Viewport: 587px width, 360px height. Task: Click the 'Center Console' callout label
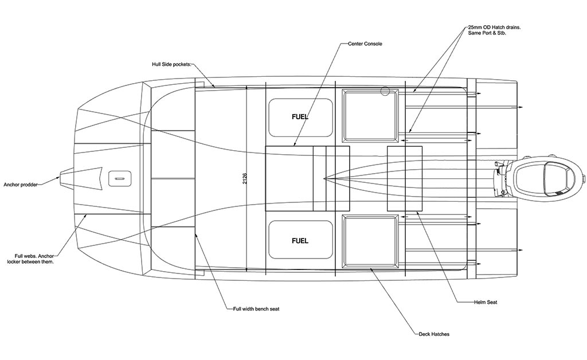coord(365,44)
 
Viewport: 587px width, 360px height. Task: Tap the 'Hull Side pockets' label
coord(171,64)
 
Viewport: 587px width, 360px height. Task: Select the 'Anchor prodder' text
coord(21,185)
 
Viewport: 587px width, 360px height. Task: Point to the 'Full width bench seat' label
coord(256,309)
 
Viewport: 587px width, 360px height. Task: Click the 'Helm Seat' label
coord(486,302)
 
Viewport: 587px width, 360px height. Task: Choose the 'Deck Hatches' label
coord(434,334)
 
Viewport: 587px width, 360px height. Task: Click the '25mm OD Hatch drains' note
coord(494,30)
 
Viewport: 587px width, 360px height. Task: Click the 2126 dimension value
coord(245,178)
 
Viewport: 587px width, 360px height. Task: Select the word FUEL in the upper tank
coord(300,117)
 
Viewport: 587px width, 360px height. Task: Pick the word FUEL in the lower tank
coord(300,241)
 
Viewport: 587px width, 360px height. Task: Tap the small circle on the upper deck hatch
coord(385,91)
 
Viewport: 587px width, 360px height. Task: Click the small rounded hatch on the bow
coord(120,178)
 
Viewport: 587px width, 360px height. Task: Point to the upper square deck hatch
coord(370,116)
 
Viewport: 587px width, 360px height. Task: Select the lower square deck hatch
coord(370,241)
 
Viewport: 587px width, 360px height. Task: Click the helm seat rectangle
coord(405,178)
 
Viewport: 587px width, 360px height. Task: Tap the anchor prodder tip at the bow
coord(60,178)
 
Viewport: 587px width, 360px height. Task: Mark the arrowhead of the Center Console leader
coord(295,144)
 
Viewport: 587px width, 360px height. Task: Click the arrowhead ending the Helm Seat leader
coord(417,212)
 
